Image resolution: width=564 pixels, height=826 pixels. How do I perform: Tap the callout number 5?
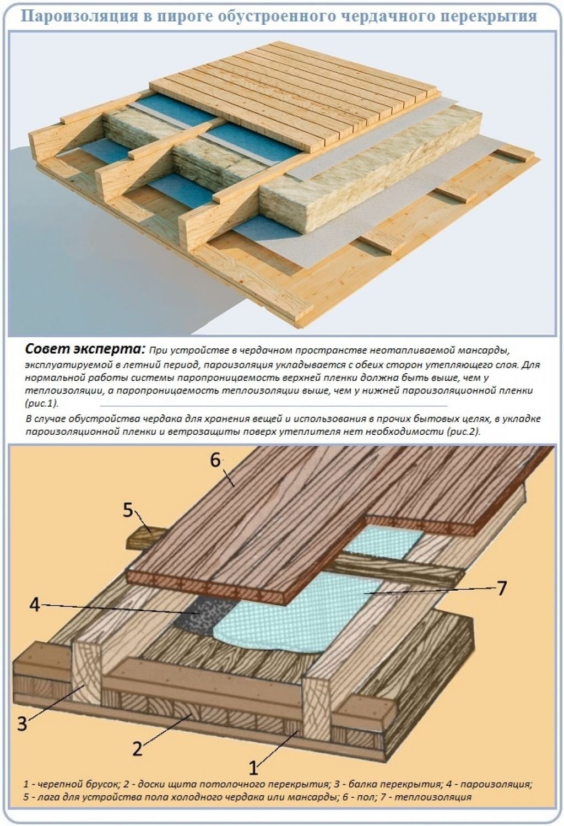127,510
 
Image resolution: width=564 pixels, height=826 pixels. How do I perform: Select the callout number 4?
35,605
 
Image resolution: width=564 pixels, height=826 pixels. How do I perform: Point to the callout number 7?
501,588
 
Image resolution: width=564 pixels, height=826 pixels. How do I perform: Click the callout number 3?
21,722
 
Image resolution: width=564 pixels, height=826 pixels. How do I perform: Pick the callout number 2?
137,748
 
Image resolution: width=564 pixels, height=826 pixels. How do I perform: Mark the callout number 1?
253,767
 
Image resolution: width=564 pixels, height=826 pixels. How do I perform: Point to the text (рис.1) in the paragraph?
42,404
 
